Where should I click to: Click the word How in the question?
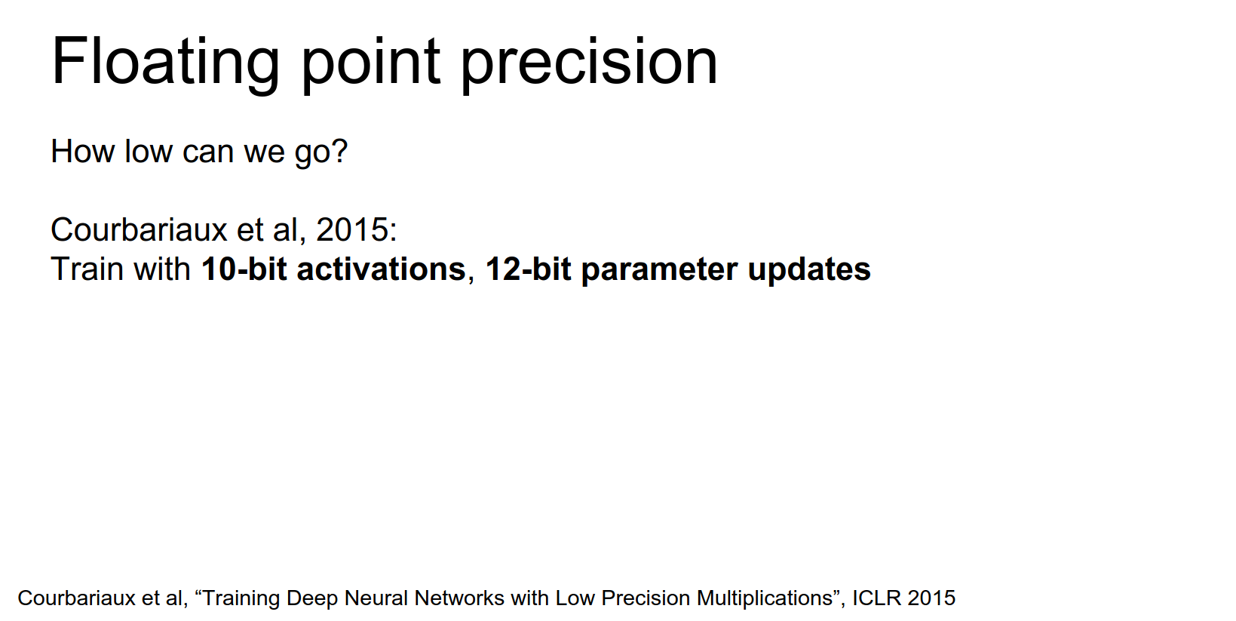[83, 151]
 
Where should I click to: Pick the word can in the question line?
[207, 154]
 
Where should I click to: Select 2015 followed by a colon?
[357, 229]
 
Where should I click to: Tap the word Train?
[87, 269]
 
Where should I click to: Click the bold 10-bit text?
[244, 269]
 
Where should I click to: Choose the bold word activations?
[382, 269]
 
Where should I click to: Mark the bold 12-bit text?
[528, 269]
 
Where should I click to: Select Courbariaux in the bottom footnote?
[77, 598]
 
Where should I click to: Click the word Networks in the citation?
[459, 598]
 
